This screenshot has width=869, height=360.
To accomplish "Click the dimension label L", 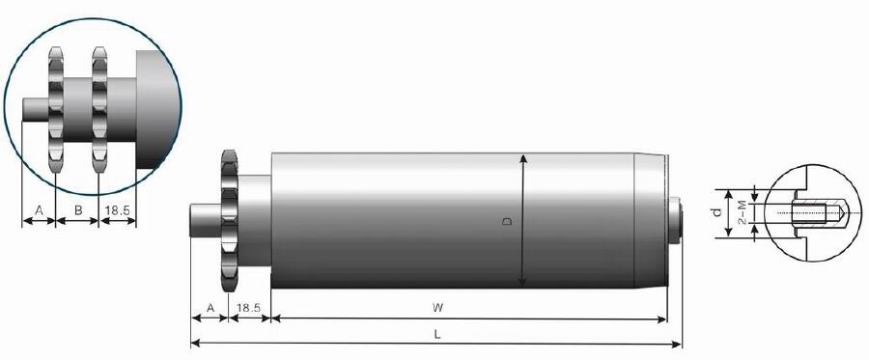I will click(437, 334).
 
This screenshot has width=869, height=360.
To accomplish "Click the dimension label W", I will click(437, 308).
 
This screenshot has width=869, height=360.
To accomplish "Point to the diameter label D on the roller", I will click(507, 221).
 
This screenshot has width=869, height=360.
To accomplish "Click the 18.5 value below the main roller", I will click(249, 308).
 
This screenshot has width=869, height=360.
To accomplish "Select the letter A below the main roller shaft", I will click(210, 308).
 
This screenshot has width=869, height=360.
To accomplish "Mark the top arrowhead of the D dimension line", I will click(522, 157).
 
